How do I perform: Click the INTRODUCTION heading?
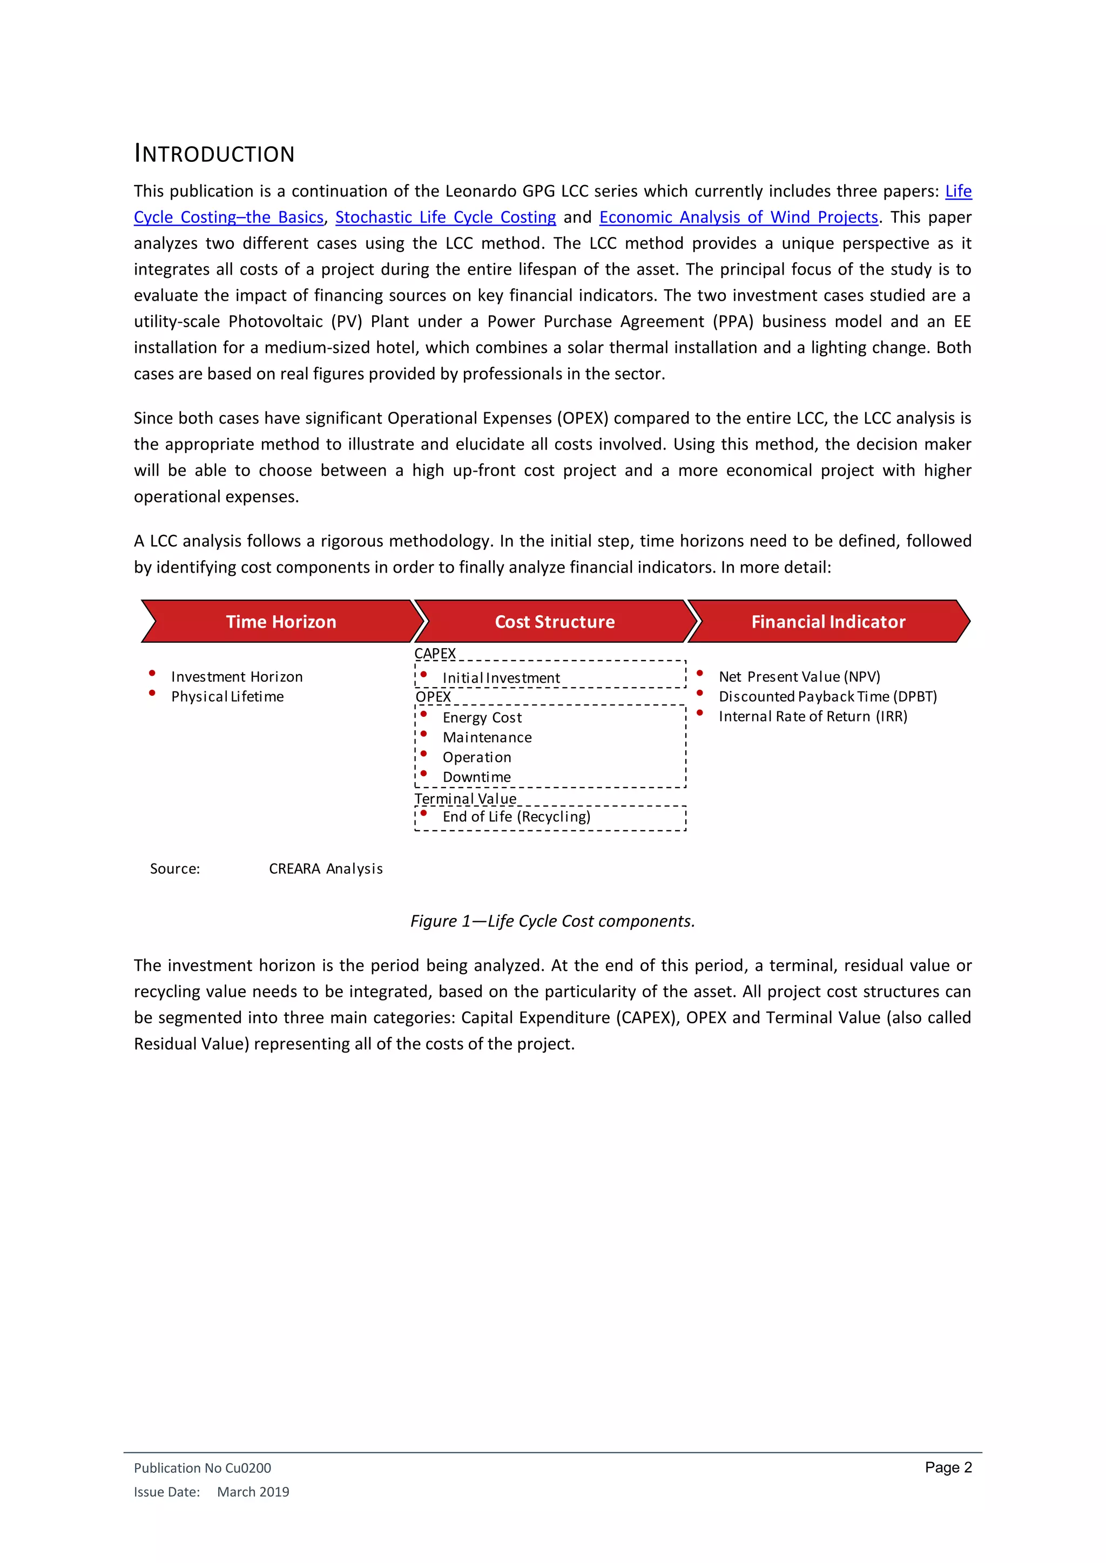214,154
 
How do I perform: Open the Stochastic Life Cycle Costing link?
446,217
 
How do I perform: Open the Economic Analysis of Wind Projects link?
738,217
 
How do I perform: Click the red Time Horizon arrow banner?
281,622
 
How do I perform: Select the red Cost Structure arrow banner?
555,622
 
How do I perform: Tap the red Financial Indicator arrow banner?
828,622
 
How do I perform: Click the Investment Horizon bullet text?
237,677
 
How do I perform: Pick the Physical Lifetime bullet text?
227,696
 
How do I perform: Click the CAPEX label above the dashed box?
435,654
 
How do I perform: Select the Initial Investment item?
501,678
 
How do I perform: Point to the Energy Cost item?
482,717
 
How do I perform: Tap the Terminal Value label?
465,799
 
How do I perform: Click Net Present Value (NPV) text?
799,677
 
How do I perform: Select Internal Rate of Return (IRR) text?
812,716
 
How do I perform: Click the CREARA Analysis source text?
326,868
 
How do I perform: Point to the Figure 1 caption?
552,921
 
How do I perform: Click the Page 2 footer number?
948,1467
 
